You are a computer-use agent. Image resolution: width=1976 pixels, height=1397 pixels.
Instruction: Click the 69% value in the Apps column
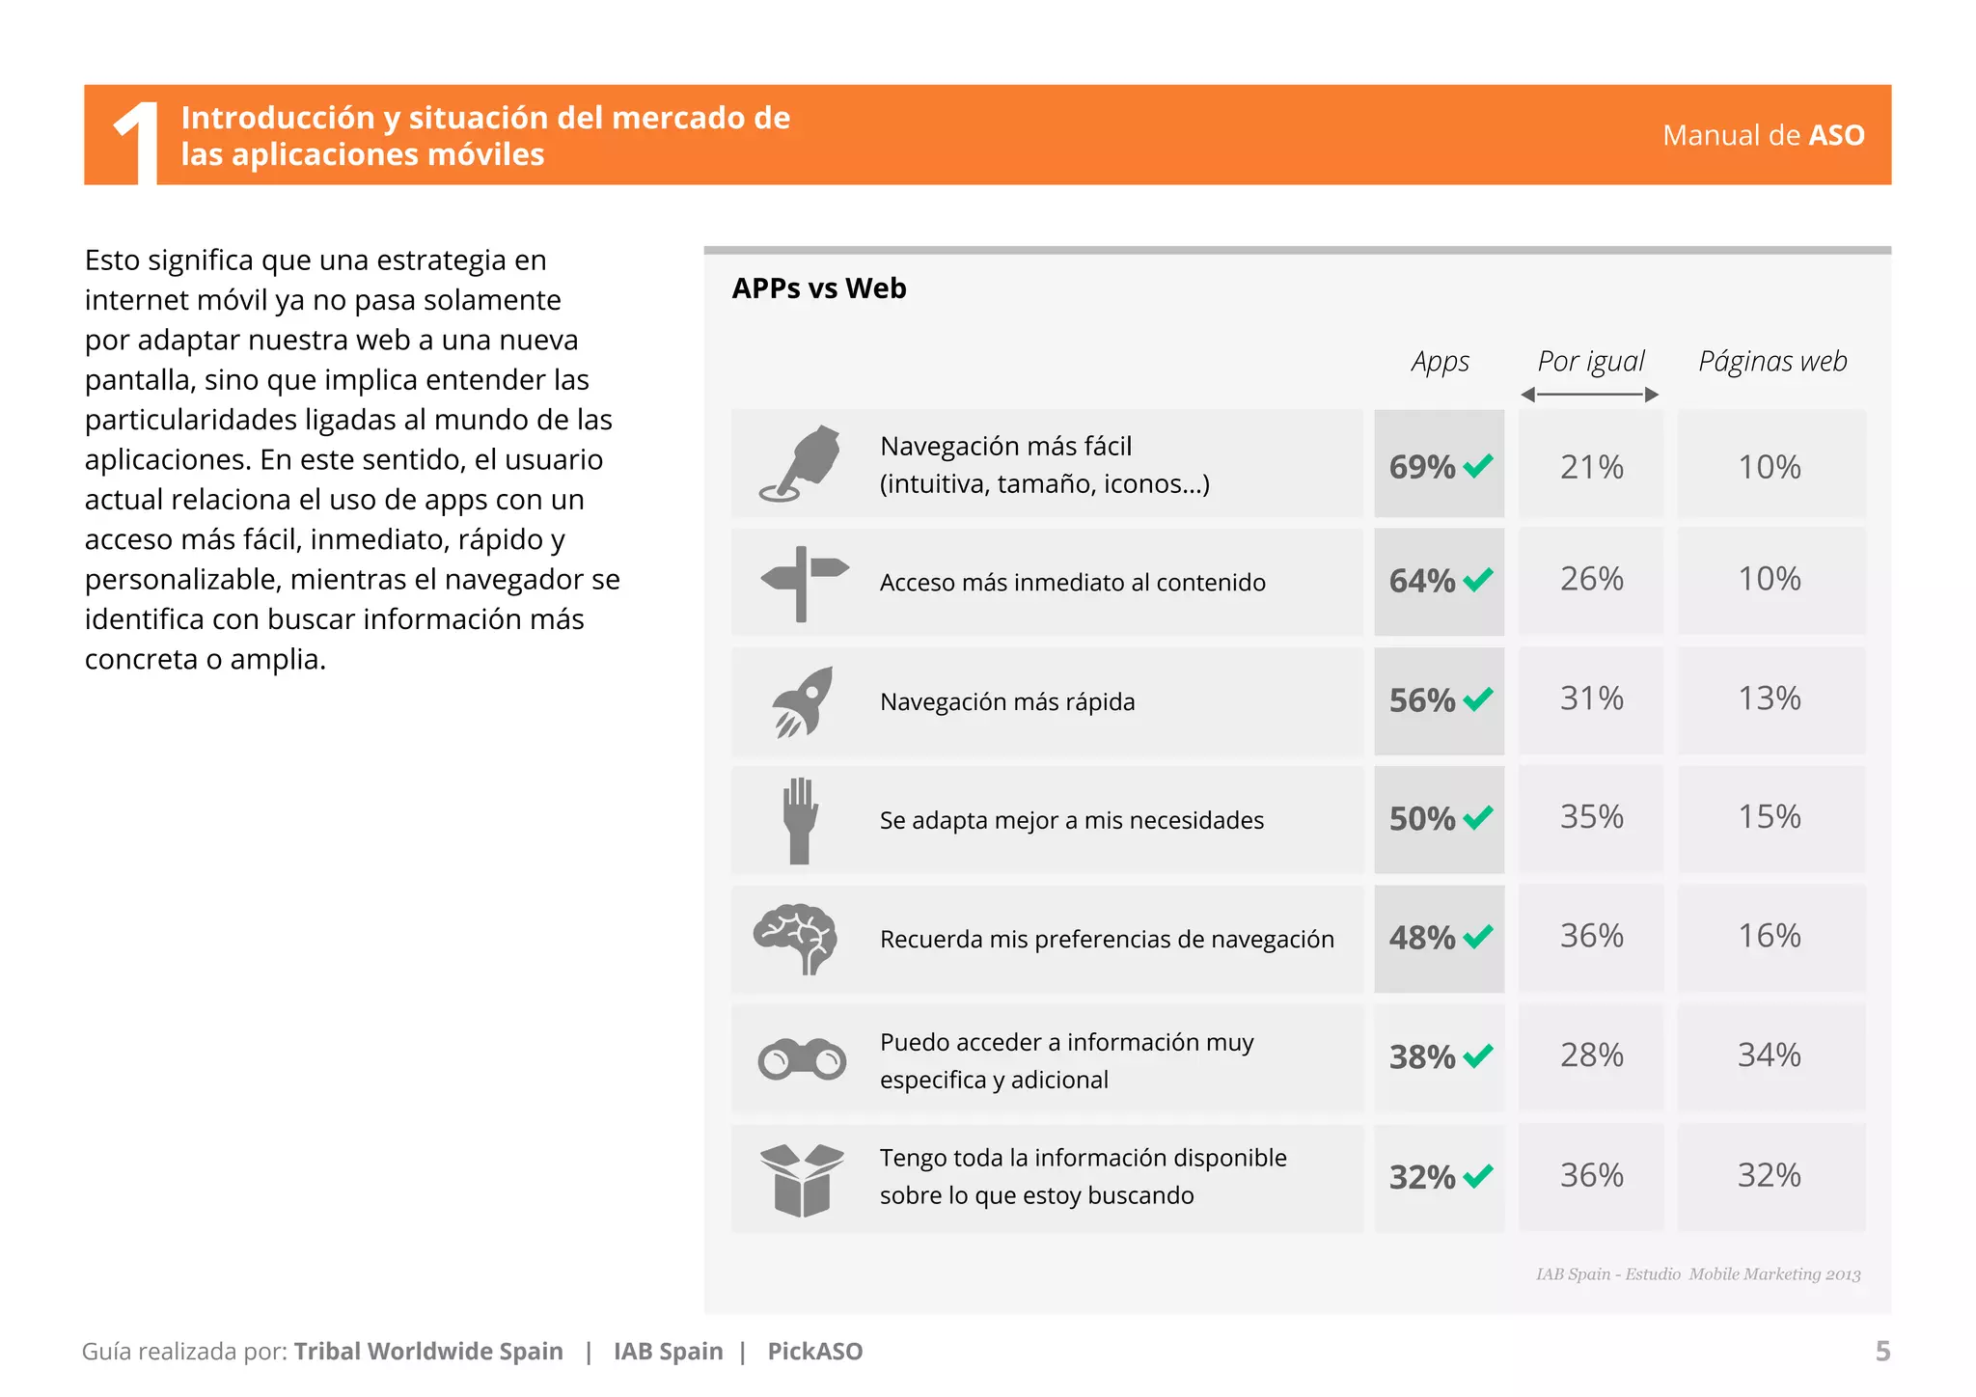(1421, 467)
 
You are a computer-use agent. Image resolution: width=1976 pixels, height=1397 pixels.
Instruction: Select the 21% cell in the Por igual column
(1591, 467)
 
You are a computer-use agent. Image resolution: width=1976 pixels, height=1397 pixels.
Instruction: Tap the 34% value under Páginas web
(1769, 1055)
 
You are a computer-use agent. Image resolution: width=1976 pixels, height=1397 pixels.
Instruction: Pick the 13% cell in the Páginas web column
(1769, 698)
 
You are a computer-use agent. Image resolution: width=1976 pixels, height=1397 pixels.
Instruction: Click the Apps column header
(1440, 362)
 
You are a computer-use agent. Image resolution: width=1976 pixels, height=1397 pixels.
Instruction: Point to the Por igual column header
(1590, 362)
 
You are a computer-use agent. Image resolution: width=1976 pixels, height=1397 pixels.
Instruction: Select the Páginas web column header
(1772, 362)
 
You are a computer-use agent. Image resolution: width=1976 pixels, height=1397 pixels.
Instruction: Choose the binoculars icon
(802, 1059)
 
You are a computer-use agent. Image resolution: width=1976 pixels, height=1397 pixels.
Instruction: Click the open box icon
(802, 1178)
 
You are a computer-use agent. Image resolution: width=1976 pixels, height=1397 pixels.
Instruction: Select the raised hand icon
(800, 820)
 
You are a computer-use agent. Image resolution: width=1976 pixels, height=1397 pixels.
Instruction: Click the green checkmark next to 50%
(1477, 818)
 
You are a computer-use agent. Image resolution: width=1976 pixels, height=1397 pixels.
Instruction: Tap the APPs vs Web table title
(819, 288)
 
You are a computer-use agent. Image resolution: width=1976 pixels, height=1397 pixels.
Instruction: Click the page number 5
(1881, 1351)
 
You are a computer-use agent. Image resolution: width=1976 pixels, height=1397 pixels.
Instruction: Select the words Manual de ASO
(1763, 135)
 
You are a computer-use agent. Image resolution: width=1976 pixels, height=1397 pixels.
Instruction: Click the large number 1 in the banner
(138, 140)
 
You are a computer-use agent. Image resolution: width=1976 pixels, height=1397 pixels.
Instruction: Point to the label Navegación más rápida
(1007, 701)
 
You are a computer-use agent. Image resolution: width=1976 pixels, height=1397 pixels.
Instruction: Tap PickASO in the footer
(815, 1351)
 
